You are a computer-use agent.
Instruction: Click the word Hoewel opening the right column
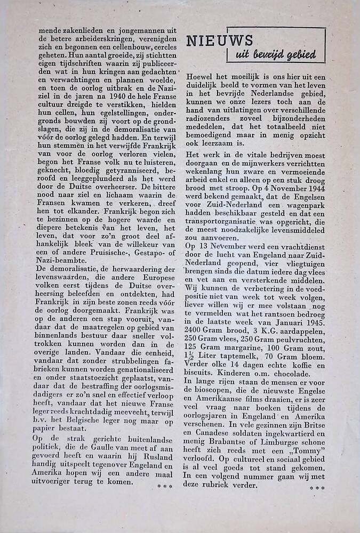coord(199,77)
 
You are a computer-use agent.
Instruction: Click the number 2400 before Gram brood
coord(196,331)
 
